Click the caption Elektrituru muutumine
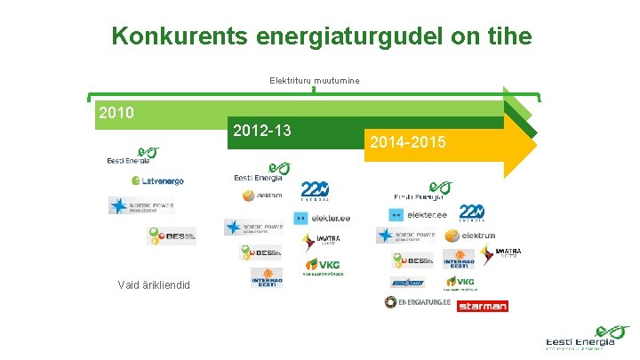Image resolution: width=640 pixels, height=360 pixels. (x=315, y=81)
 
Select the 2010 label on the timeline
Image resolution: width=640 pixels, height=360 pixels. (x=116, y=113)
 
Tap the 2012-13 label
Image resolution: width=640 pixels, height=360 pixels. (x=261, y=131)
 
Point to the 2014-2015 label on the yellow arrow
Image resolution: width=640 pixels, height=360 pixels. (x=408, y=142)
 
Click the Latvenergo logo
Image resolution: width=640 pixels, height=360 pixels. (x=157, y=180)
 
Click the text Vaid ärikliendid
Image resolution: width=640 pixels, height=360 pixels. (x=159, y=284)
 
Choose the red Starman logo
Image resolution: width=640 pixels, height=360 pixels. (x=482, y=306)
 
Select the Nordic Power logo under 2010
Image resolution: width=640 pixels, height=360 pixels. (x=141, y=206)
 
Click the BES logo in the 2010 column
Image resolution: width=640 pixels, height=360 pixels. (x=171, y=236)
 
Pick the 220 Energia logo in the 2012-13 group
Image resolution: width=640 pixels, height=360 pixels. (x=315, y=190)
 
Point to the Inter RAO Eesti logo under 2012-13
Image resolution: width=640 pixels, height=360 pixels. (x=267, y=277)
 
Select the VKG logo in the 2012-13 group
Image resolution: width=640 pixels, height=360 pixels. (x=323, y=265)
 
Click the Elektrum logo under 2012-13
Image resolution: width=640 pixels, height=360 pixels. (x=261, y=195)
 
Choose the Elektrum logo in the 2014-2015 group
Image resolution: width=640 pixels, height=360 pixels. (x=470, y=236)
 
